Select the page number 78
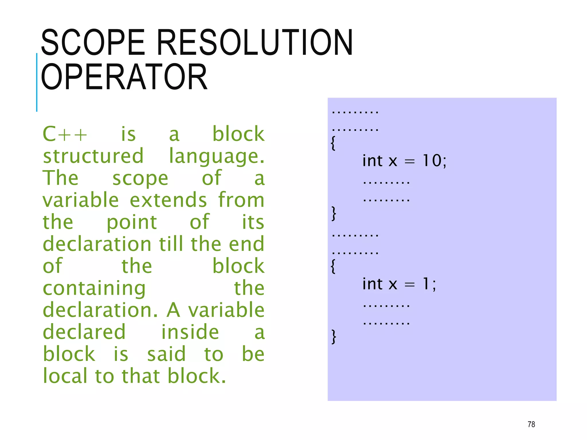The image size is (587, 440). pyautogui.click(x=531, y=424)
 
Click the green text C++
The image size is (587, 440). pyautogui.click(x=65, y=134)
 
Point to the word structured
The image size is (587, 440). pyautogui.click(x=93, y=156)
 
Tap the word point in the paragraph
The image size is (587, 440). pyautogui.click(x=132, y=222)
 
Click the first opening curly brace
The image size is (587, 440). pyautogui.click(x=333, y=143)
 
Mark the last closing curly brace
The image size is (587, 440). pyautogui.click(x=334, y=337)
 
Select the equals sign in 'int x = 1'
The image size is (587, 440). pyautogui.click(x=410, y=285)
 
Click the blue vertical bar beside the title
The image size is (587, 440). pyautogui.click(x=37, y=82)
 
